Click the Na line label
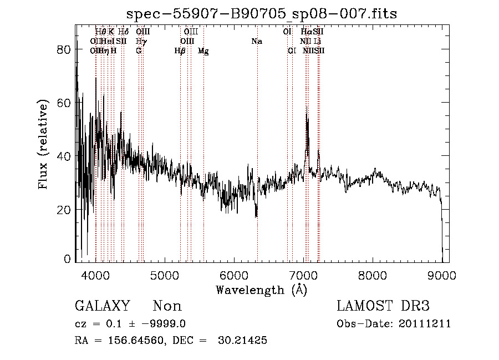[256, 41]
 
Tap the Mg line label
[203, 50]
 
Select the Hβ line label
[180, 50]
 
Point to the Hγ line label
[141, 41]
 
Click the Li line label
[318, 41]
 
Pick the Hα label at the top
[306, 32]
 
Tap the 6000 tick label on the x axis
[233, 275]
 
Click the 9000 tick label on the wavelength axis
[441, 275]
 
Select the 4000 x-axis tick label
[95, 275]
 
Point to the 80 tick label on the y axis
[65, 49]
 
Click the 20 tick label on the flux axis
[65, 210]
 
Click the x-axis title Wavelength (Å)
[261, 290]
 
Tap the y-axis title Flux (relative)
[43, 145]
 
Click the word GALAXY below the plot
[102, 306]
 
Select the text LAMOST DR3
[383, 306]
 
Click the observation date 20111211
[427, 324]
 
